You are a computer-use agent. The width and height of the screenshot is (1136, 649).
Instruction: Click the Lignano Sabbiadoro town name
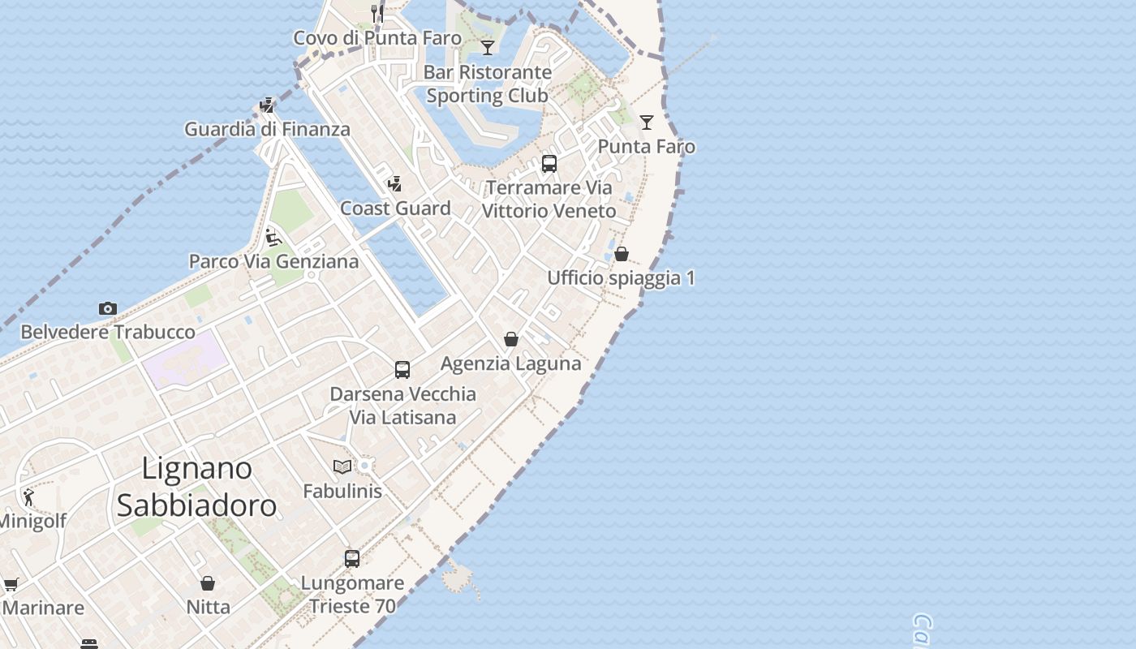(196, 487)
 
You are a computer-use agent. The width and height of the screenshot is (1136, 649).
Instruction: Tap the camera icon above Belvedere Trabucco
(108, 308)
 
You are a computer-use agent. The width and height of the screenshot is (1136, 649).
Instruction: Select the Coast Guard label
(395, 208)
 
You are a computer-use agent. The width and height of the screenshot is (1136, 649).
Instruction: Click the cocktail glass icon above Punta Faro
(647, 122)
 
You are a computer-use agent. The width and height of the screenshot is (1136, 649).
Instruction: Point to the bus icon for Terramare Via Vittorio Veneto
(549, 164)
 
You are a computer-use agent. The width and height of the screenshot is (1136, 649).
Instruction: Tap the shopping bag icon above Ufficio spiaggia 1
(622, 254)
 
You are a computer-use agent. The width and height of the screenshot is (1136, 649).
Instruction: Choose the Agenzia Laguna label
(510, 363)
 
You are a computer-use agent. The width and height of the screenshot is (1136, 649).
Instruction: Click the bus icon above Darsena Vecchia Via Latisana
(402, 370)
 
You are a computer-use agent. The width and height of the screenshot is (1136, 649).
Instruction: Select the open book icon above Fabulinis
(342, 466)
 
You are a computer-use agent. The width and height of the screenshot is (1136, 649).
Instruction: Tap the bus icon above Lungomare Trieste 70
(352, 558)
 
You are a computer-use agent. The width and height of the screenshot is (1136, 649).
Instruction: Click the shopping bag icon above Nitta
(208, 583)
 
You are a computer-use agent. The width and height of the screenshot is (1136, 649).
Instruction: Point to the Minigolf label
(32, 521)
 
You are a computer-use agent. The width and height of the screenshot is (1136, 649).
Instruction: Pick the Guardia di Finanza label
(267, 129)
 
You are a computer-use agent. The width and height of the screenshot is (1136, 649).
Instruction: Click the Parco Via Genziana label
(273, 261)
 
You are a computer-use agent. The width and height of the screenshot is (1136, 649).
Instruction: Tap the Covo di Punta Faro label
(377, 38)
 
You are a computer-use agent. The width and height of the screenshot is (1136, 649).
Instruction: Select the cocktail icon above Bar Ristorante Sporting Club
(488, 48)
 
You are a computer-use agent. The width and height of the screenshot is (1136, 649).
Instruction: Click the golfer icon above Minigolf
(29, 496)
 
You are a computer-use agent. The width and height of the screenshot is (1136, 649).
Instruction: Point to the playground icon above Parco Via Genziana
(273, 237)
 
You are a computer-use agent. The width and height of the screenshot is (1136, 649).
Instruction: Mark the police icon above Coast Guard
(395, 184)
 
